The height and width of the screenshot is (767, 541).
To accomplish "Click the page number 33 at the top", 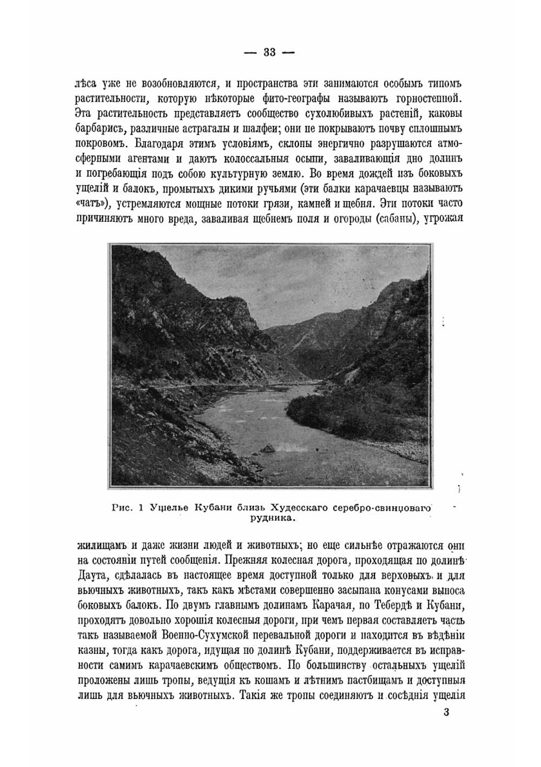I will (269, 52).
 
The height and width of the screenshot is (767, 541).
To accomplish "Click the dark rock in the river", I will (267, 448).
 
